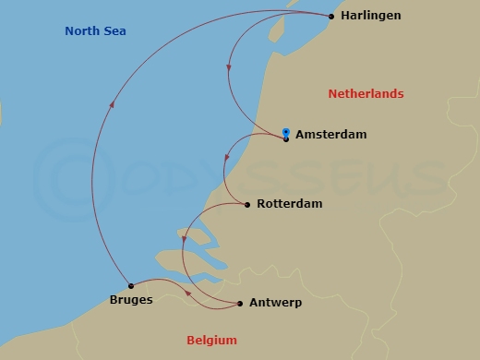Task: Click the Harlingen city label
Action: [x=370, y=17]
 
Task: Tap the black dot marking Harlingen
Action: [x=331, y=16]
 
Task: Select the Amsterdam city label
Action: [x=330, y=135]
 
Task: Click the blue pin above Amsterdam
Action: [x=286, y=132]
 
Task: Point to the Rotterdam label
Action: [x=291, y=204]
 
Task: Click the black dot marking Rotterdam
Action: [x=247, y=204]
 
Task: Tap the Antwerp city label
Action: [x=275, y=303]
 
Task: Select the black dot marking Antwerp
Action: [x=240, y=303]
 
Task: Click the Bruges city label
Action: [x=126, y=300]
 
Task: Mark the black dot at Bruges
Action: [x=131, y=285]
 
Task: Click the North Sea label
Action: [x=95, y=31]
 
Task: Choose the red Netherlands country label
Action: [x=366, y=94]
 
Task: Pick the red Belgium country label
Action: [x=211, y=340]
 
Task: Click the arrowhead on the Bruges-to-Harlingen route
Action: [x=112, y=104]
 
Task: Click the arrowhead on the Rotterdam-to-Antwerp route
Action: [x=184, y=240]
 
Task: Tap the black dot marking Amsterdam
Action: [x=286, y=138]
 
